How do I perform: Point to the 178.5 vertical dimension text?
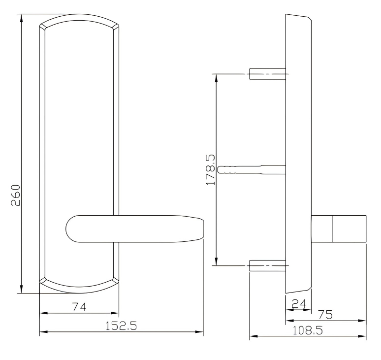211,168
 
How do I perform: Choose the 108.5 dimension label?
308,330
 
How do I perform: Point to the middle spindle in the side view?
251,169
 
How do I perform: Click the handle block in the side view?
339,229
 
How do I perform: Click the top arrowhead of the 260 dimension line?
22,18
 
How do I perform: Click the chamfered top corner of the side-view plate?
309,19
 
